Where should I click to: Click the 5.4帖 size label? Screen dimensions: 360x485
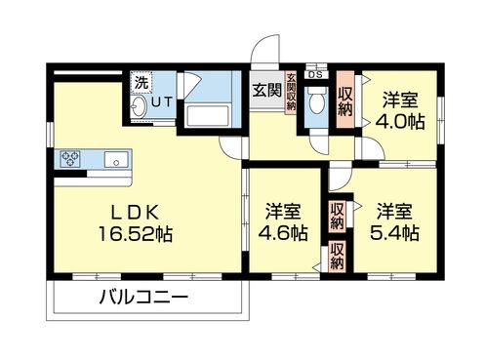(398, 234)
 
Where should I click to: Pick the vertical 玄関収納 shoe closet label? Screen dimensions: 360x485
(290, 94)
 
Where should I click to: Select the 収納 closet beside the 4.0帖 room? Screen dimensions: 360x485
(346, 100)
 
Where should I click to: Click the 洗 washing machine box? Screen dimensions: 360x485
(141, 81)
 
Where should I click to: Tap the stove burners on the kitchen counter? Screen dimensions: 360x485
(72, 157)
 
